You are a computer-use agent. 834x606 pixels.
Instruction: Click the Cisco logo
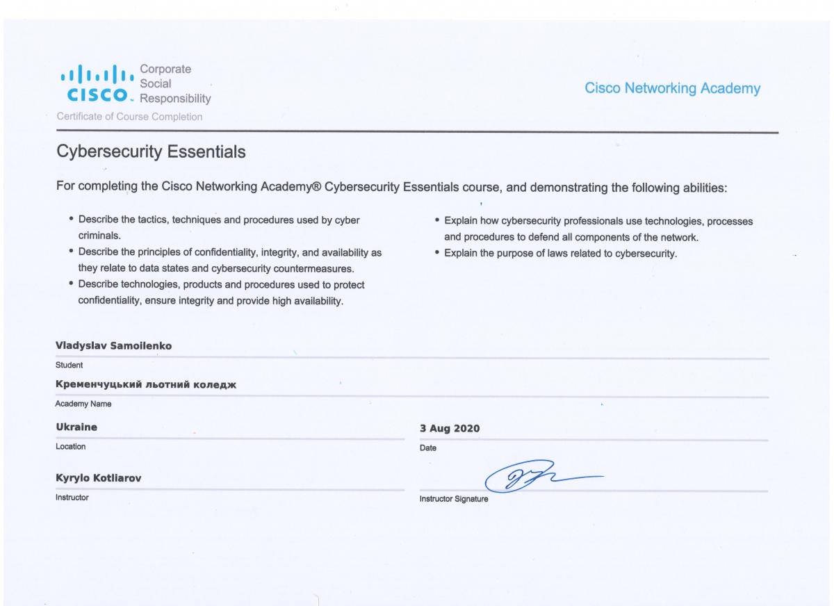(x=95, y=83)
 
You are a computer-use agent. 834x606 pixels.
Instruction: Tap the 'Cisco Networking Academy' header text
(x=672, y=89)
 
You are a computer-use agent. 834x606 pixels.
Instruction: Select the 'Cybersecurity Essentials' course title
(x=150, y=152)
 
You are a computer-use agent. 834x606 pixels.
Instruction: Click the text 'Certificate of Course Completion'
(x=129, y=117)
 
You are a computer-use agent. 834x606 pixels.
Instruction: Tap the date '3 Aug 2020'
(x=450, y=428)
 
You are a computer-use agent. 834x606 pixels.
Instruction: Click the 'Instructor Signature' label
(x=454, y=499)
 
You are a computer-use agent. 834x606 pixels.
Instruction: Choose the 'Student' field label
(x=69, y=364)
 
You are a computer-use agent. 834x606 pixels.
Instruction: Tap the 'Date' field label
(x=428, y=448)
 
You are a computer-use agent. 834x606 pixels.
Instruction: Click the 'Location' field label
(x=71, y=447)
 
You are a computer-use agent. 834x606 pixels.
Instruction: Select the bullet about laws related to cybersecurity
(x=560, y=254)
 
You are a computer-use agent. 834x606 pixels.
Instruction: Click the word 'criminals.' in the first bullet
(x=100, y=236)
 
